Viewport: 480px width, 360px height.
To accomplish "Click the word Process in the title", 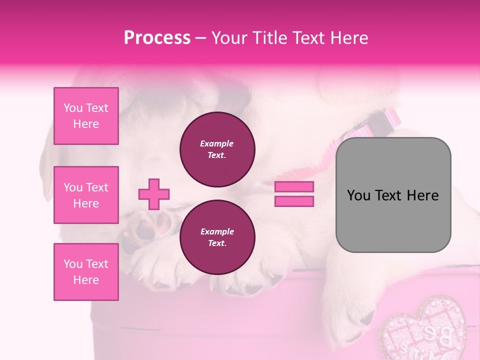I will click(157, 38).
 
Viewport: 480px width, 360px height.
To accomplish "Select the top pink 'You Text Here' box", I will click(86, 116).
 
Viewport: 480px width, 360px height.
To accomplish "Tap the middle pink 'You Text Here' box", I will click(86, 195).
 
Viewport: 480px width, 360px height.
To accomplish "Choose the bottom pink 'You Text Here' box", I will click(86, 272).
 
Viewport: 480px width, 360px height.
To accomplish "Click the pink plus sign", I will click(154, 193).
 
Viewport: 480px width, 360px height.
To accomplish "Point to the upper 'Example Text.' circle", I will click(217, 149).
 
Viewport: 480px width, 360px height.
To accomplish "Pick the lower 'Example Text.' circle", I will click(217, 237).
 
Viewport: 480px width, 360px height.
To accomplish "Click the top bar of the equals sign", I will click(294, 187).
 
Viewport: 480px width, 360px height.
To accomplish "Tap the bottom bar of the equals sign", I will click(294, 201).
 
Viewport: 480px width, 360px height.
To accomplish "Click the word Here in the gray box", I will click(422, 195).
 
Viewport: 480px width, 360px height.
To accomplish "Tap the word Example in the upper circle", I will click(217, 143).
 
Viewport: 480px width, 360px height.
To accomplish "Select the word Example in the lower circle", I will click(217, 231).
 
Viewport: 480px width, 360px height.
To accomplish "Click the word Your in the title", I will click(229, 38).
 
